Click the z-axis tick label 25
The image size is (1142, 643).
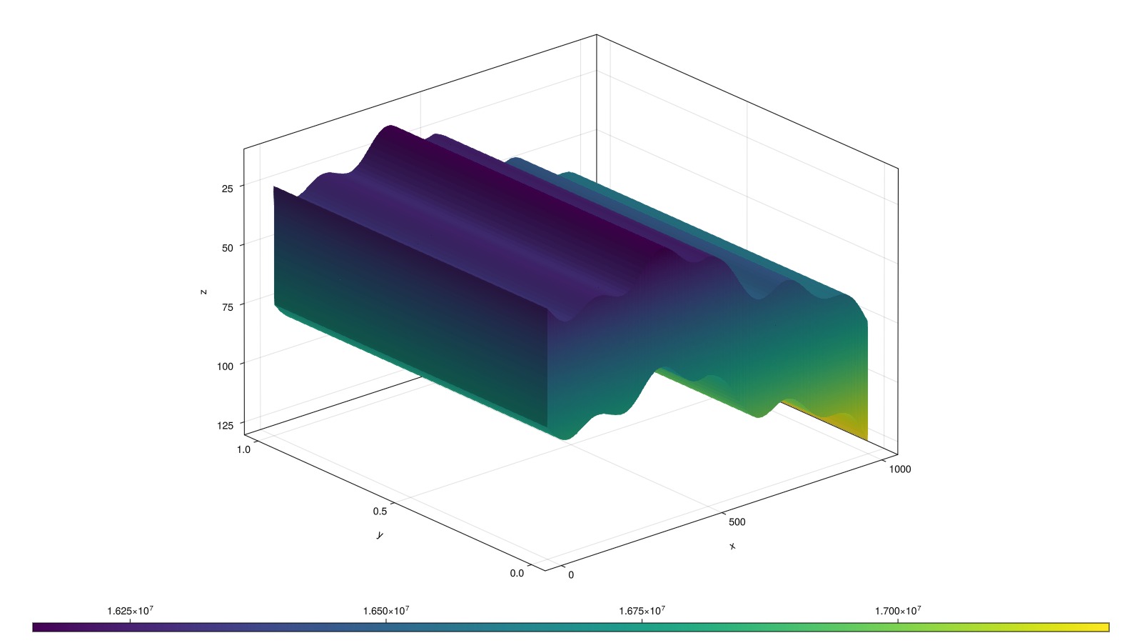(x=228, y=189)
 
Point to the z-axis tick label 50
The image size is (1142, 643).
(x=228, y=247)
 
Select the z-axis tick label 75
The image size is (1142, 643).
(x=228, y=306)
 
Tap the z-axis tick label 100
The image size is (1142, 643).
(x=225, y=366)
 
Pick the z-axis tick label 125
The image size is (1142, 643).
(x=225, y=425)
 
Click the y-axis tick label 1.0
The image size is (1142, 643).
(x=243, y=449)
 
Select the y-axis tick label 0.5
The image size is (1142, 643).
(x=380, y=512)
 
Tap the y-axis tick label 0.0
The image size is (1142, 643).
(x=517, y=573)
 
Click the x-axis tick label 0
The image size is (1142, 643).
(x=571, y=575)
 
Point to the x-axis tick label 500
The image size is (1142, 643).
(x=737, y=522)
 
